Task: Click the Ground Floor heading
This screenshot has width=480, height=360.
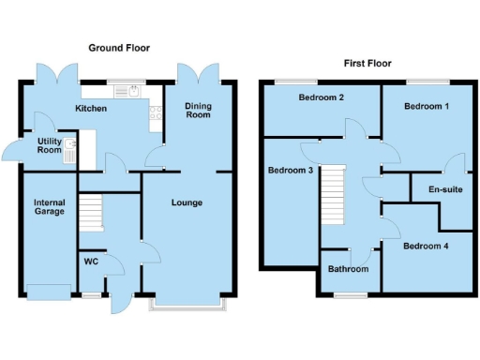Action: click(119, 47)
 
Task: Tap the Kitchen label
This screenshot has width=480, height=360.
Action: click(91, 110)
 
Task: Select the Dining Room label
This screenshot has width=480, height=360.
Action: click(198, 111)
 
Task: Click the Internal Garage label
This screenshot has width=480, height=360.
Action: click(49, 206)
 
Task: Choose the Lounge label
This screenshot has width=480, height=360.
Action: click(186, 202)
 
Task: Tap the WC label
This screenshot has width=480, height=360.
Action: click(92, 261)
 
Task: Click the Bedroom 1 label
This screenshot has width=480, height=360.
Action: click(427, 107)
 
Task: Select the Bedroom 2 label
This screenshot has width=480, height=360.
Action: click(321, 97)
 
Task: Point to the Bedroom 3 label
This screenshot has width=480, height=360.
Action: click(289, 171)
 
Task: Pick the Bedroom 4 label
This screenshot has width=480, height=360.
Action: click(426, 247)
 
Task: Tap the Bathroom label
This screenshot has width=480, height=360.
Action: click(348, 269)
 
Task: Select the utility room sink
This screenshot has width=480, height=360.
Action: click(69, 152)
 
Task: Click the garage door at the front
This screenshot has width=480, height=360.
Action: click(49, 291)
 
